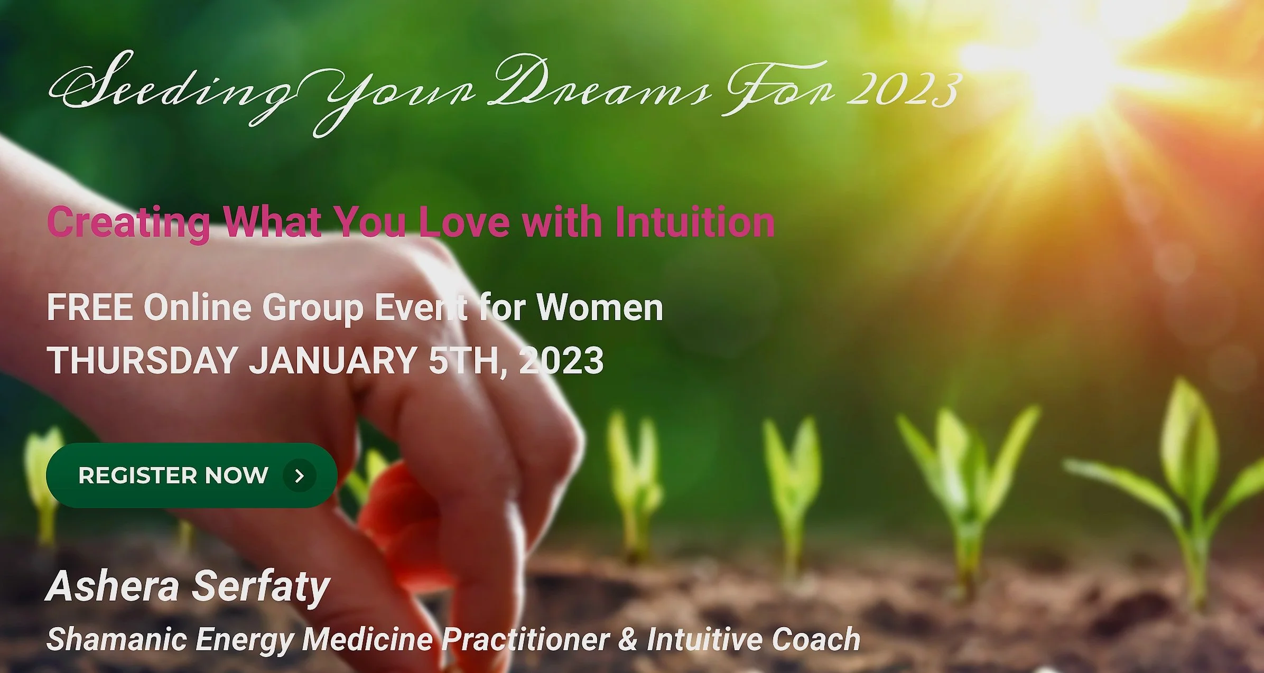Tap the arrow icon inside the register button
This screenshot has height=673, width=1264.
click(x=300, y=476)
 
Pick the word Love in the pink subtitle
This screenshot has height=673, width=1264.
click(x=464, y=222)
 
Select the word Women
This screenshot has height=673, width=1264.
click(x=600, y=307)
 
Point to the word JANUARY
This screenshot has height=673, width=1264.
click(x=333, y=360)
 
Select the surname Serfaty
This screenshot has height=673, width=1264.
click(x=261, y=586)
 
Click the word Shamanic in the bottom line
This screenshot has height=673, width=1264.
click(x=117, y=639)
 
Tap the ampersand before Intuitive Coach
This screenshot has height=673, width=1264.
click(x=628, y=639)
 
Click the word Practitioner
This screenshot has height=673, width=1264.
click(x=526, y=639)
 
